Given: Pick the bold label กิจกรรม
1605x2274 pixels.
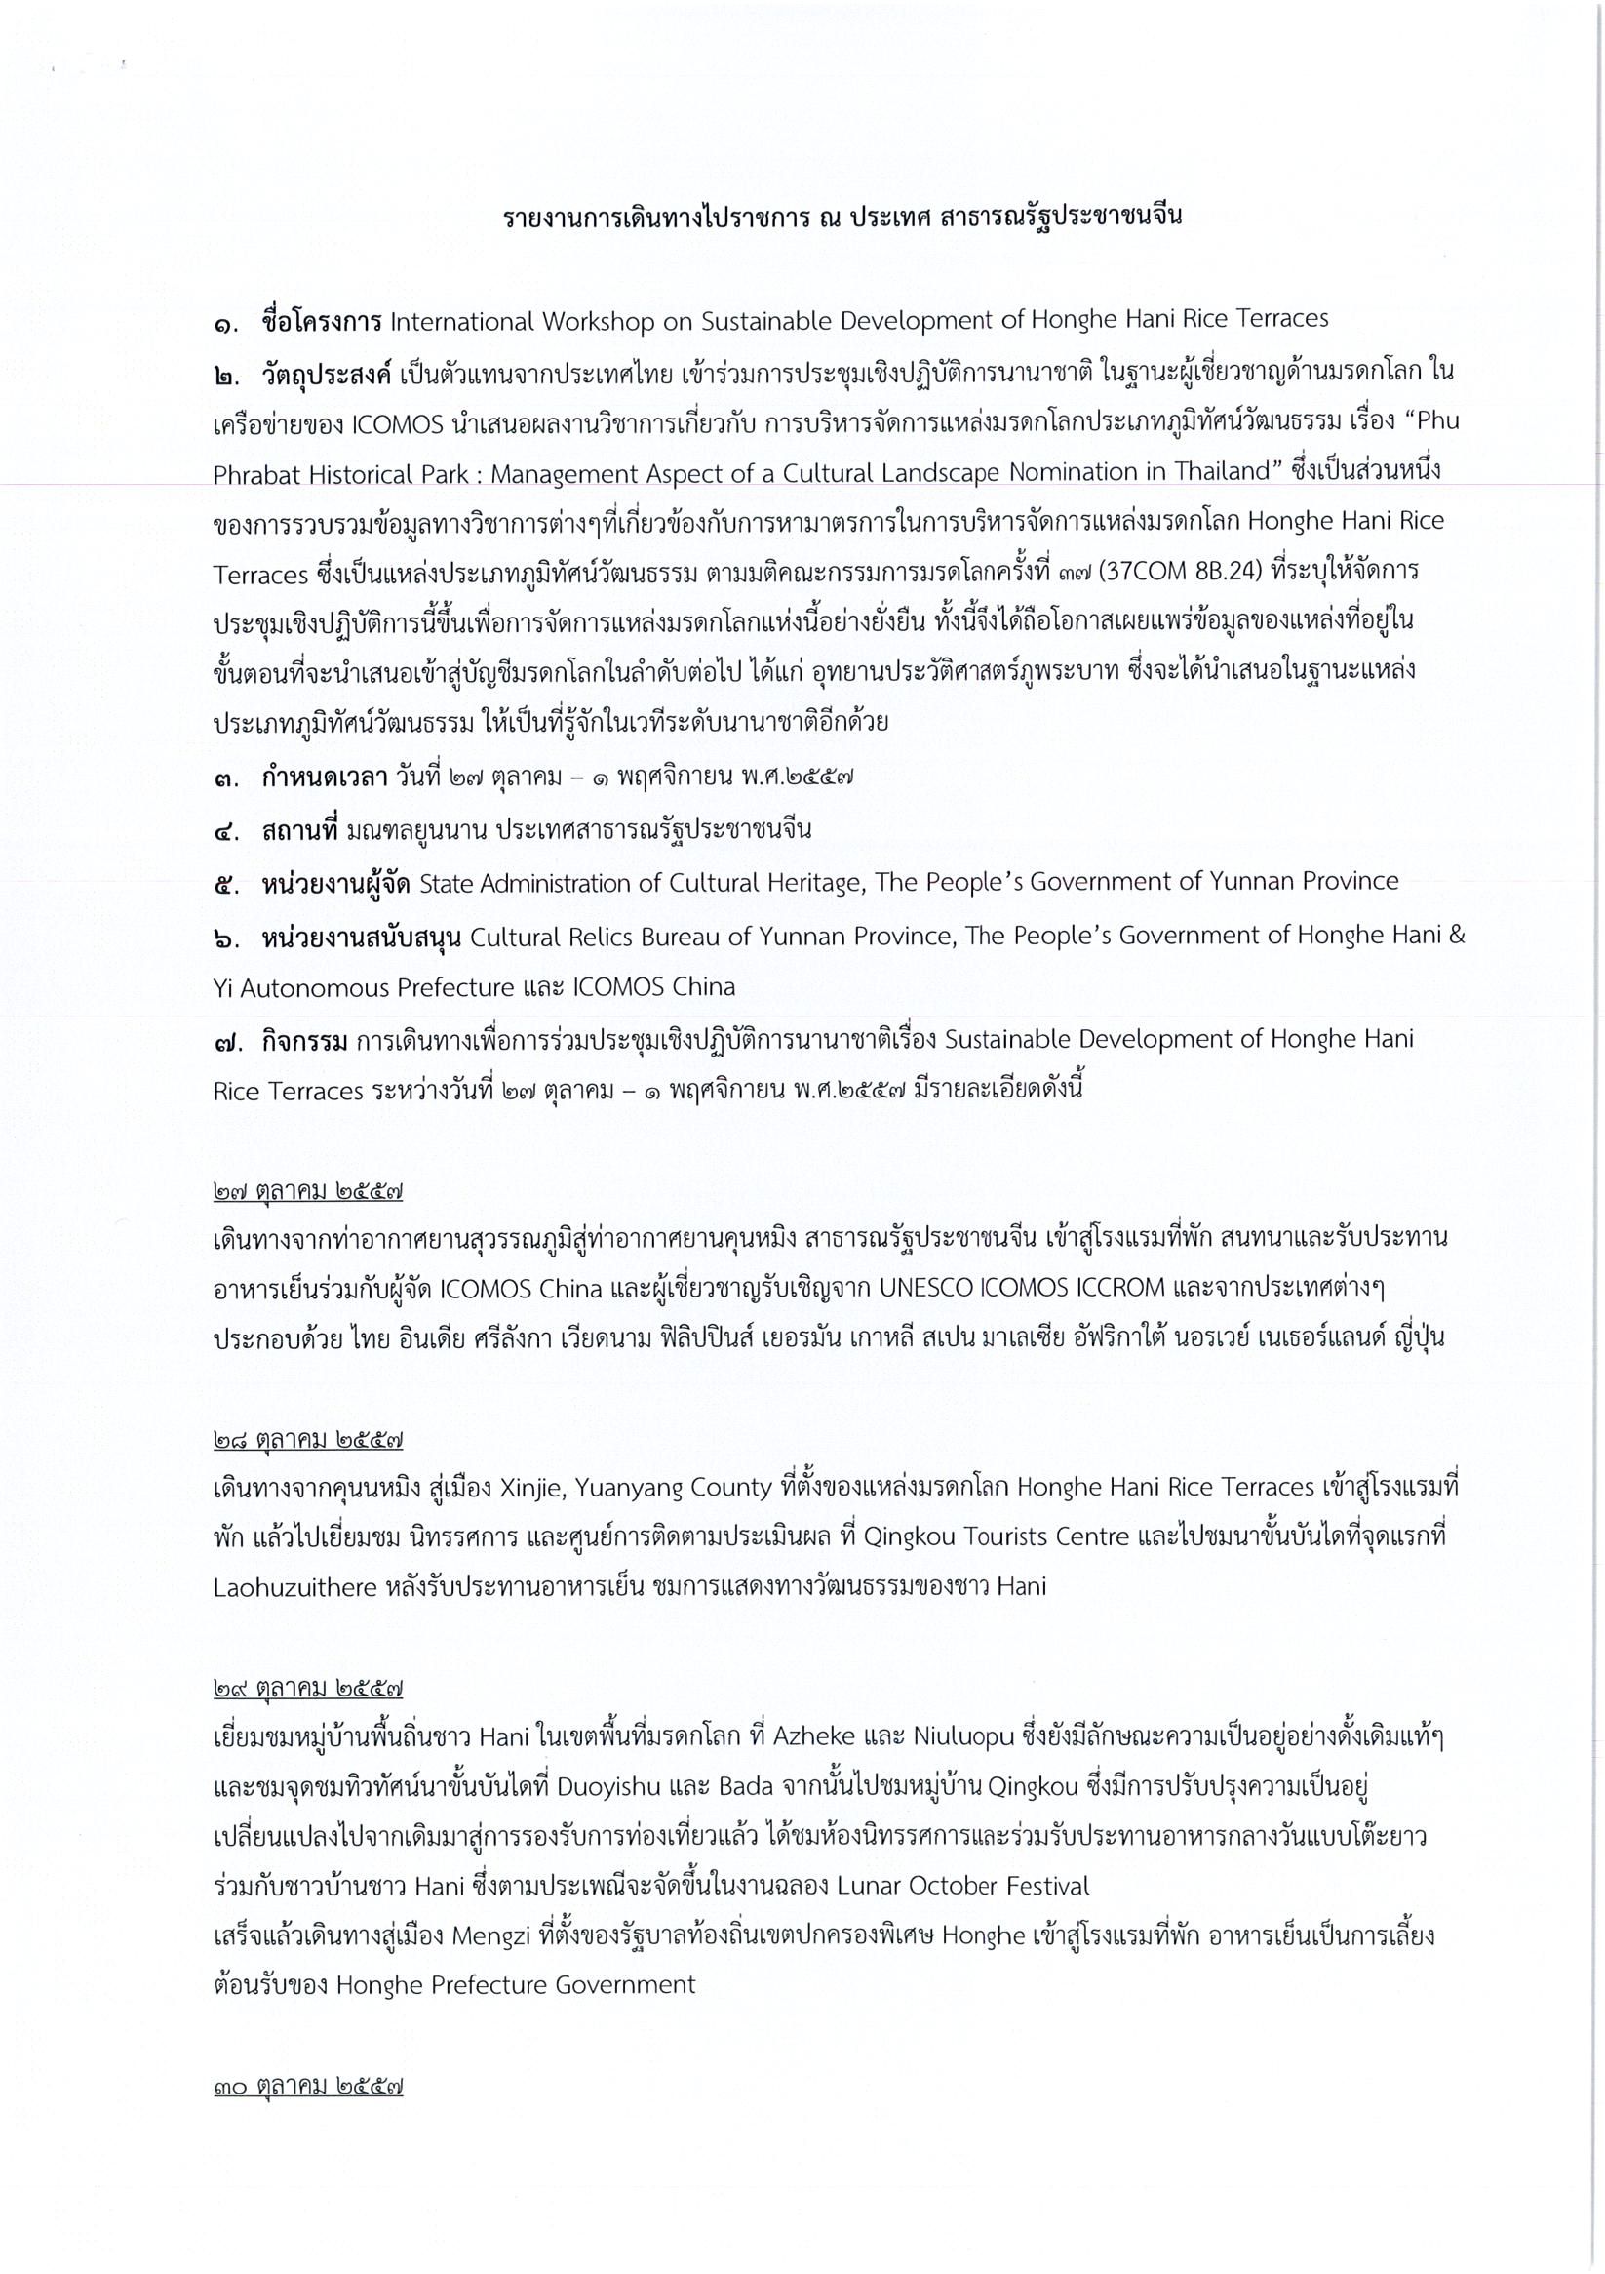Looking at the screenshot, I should click(x=305, y=1040).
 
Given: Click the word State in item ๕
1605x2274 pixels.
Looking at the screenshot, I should click(x=447, y=883).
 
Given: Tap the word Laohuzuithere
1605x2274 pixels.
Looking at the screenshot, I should click(x=295, y=1586).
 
